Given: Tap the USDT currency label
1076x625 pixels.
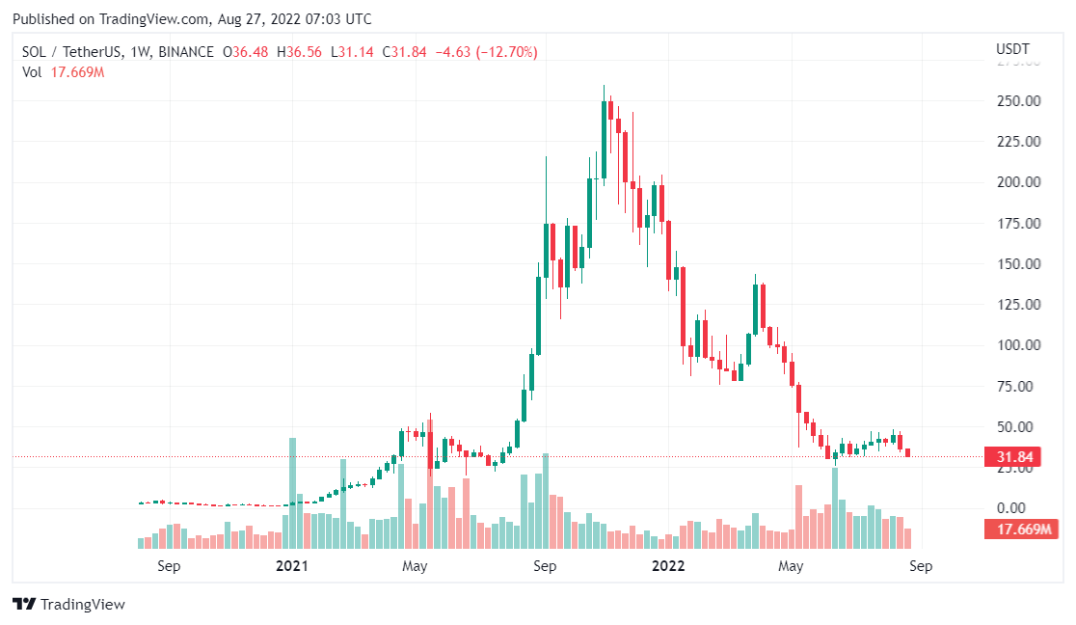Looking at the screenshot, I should [x=1011, y=49].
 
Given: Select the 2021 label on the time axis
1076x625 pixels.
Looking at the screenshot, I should [x=291, y=566].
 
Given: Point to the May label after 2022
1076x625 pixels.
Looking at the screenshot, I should [x=791, y=566].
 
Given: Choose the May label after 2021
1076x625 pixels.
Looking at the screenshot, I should [x=416, y=566].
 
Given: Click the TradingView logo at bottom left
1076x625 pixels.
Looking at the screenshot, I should [x=68, y=605].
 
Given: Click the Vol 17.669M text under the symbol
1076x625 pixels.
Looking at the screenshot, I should [x=63, y=71].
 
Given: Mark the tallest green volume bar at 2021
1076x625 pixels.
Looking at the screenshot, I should [x=292, y=493].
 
